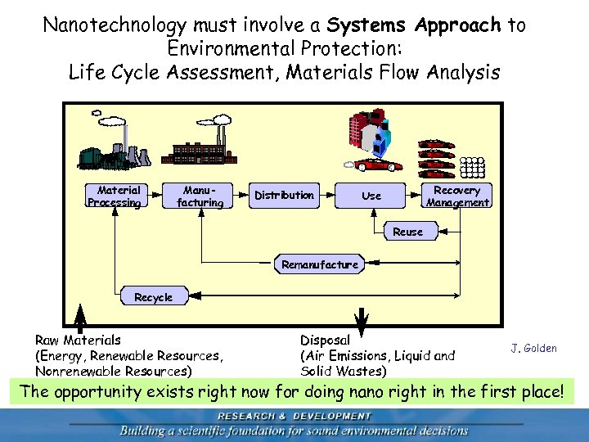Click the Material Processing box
[x=114, y=196]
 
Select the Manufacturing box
[x=200, y=196]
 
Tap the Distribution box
[x=284, y=195]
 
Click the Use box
[x=371, y=196]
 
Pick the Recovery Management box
[x=457, y=196]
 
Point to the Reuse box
[x=407, y=232]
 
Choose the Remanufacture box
[x=319, y=264]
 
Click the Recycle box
[x=153, y=297]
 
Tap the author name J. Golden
[x=533, y=349]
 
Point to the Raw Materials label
[x=78, y=339]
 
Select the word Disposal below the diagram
[x=325, y=340]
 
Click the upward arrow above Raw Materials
[x=80, y=315]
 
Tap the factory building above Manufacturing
[x=201, y=147]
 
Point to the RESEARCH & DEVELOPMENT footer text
[x=294, y=415]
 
